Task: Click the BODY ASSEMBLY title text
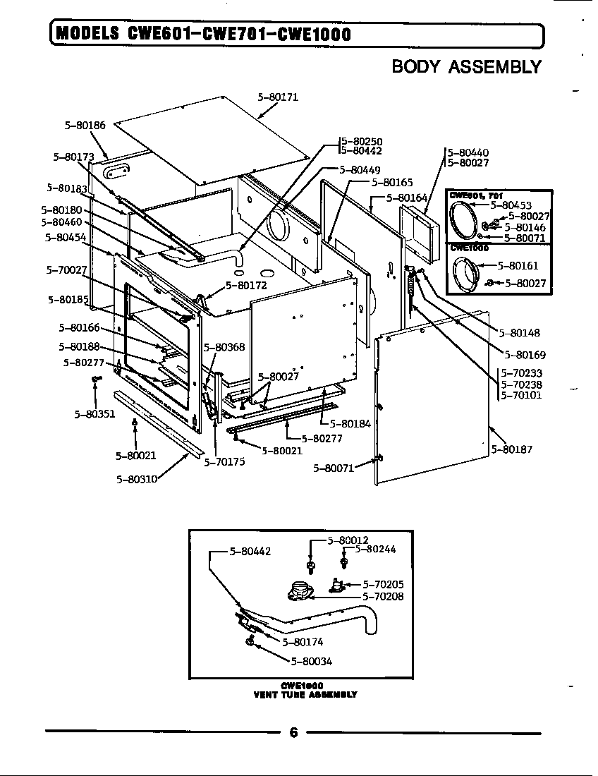(466, 67)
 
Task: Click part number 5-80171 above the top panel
(278, 97)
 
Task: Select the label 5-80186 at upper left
(85, 125)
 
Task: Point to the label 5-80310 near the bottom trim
(136, 478)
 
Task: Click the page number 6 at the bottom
(293, 732)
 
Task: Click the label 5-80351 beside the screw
(94, 414)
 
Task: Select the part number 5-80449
(360, 170)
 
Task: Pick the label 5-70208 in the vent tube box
(383, 596)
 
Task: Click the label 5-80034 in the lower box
(311, 661)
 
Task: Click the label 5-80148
(520, 332)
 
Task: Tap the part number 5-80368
(224, 347)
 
